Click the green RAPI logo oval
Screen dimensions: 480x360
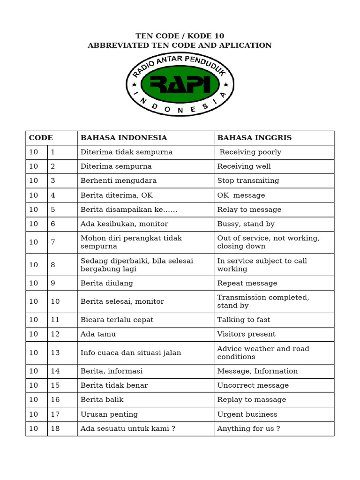180,84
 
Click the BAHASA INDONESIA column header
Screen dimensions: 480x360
124,138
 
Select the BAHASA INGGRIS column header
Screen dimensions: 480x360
255,138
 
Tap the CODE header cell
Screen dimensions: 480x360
41,138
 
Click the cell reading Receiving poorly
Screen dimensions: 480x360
250,152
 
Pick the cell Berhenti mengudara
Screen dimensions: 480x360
119,180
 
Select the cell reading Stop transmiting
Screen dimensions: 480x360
248,180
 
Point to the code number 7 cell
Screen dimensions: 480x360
53,242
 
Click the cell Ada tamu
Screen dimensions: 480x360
98,334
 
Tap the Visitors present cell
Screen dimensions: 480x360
246,334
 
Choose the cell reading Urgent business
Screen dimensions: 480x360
247,414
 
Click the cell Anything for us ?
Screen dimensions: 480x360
248,428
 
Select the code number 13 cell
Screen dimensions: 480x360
55,352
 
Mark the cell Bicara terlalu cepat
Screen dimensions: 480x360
117,320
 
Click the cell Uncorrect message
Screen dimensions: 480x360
253,385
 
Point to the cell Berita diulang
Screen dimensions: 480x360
107,283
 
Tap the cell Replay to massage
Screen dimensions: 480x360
251,400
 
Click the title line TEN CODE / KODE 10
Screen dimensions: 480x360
180,36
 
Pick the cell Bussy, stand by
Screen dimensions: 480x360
246,224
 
